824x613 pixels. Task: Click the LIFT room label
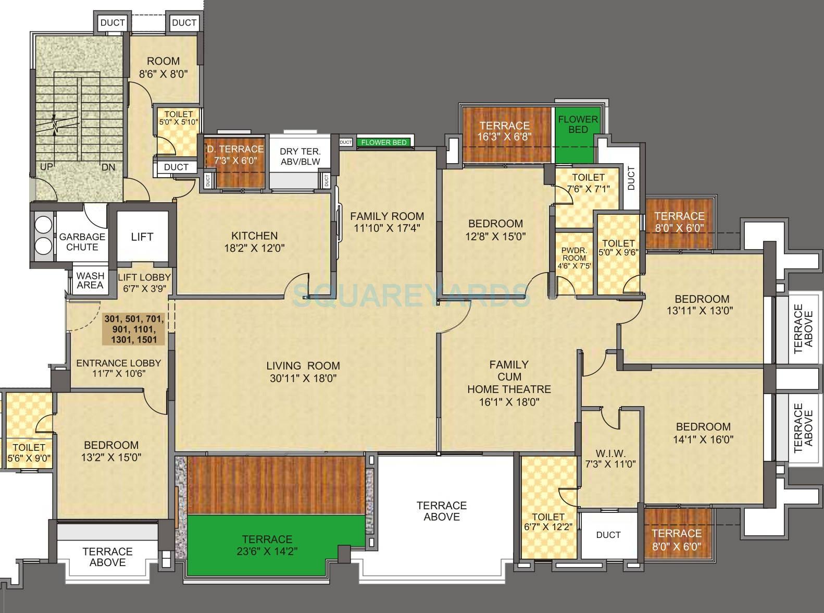point(142,237)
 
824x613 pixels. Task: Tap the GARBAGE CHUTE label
point(82,242)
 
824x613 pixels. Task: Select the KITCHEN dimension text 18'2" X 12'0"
point(255,249)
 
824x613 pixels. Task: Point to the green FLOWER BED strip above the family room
point(383,142)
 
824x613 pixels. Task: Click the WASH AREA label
point(90,280)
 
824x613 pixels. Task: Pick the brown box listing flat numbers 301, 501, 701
point(134,329)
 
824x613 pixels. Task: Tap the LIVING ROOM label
point(303,366)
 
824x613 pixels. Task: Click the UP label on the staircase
point(46,167)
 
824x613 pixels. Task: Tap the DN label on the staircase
point(108,167)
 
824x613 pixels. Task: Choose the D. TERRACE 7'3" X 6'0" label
point(235,155)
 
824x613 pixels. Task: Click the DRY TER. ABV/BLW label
point(300,156)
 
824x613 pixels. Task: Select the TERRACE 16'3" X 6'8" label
point(504,131)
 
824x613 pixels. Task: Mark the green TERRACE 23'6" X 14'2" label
point(267,545)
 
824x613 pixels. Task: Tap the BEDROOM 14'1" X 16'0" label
point(703,433)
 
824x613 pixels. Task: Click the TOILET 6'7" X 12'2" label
point(548,522)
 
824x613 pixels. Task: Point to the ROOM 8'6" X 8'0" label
point(163,67)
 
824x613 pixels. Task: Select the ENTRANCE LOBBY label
point(118,368)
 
